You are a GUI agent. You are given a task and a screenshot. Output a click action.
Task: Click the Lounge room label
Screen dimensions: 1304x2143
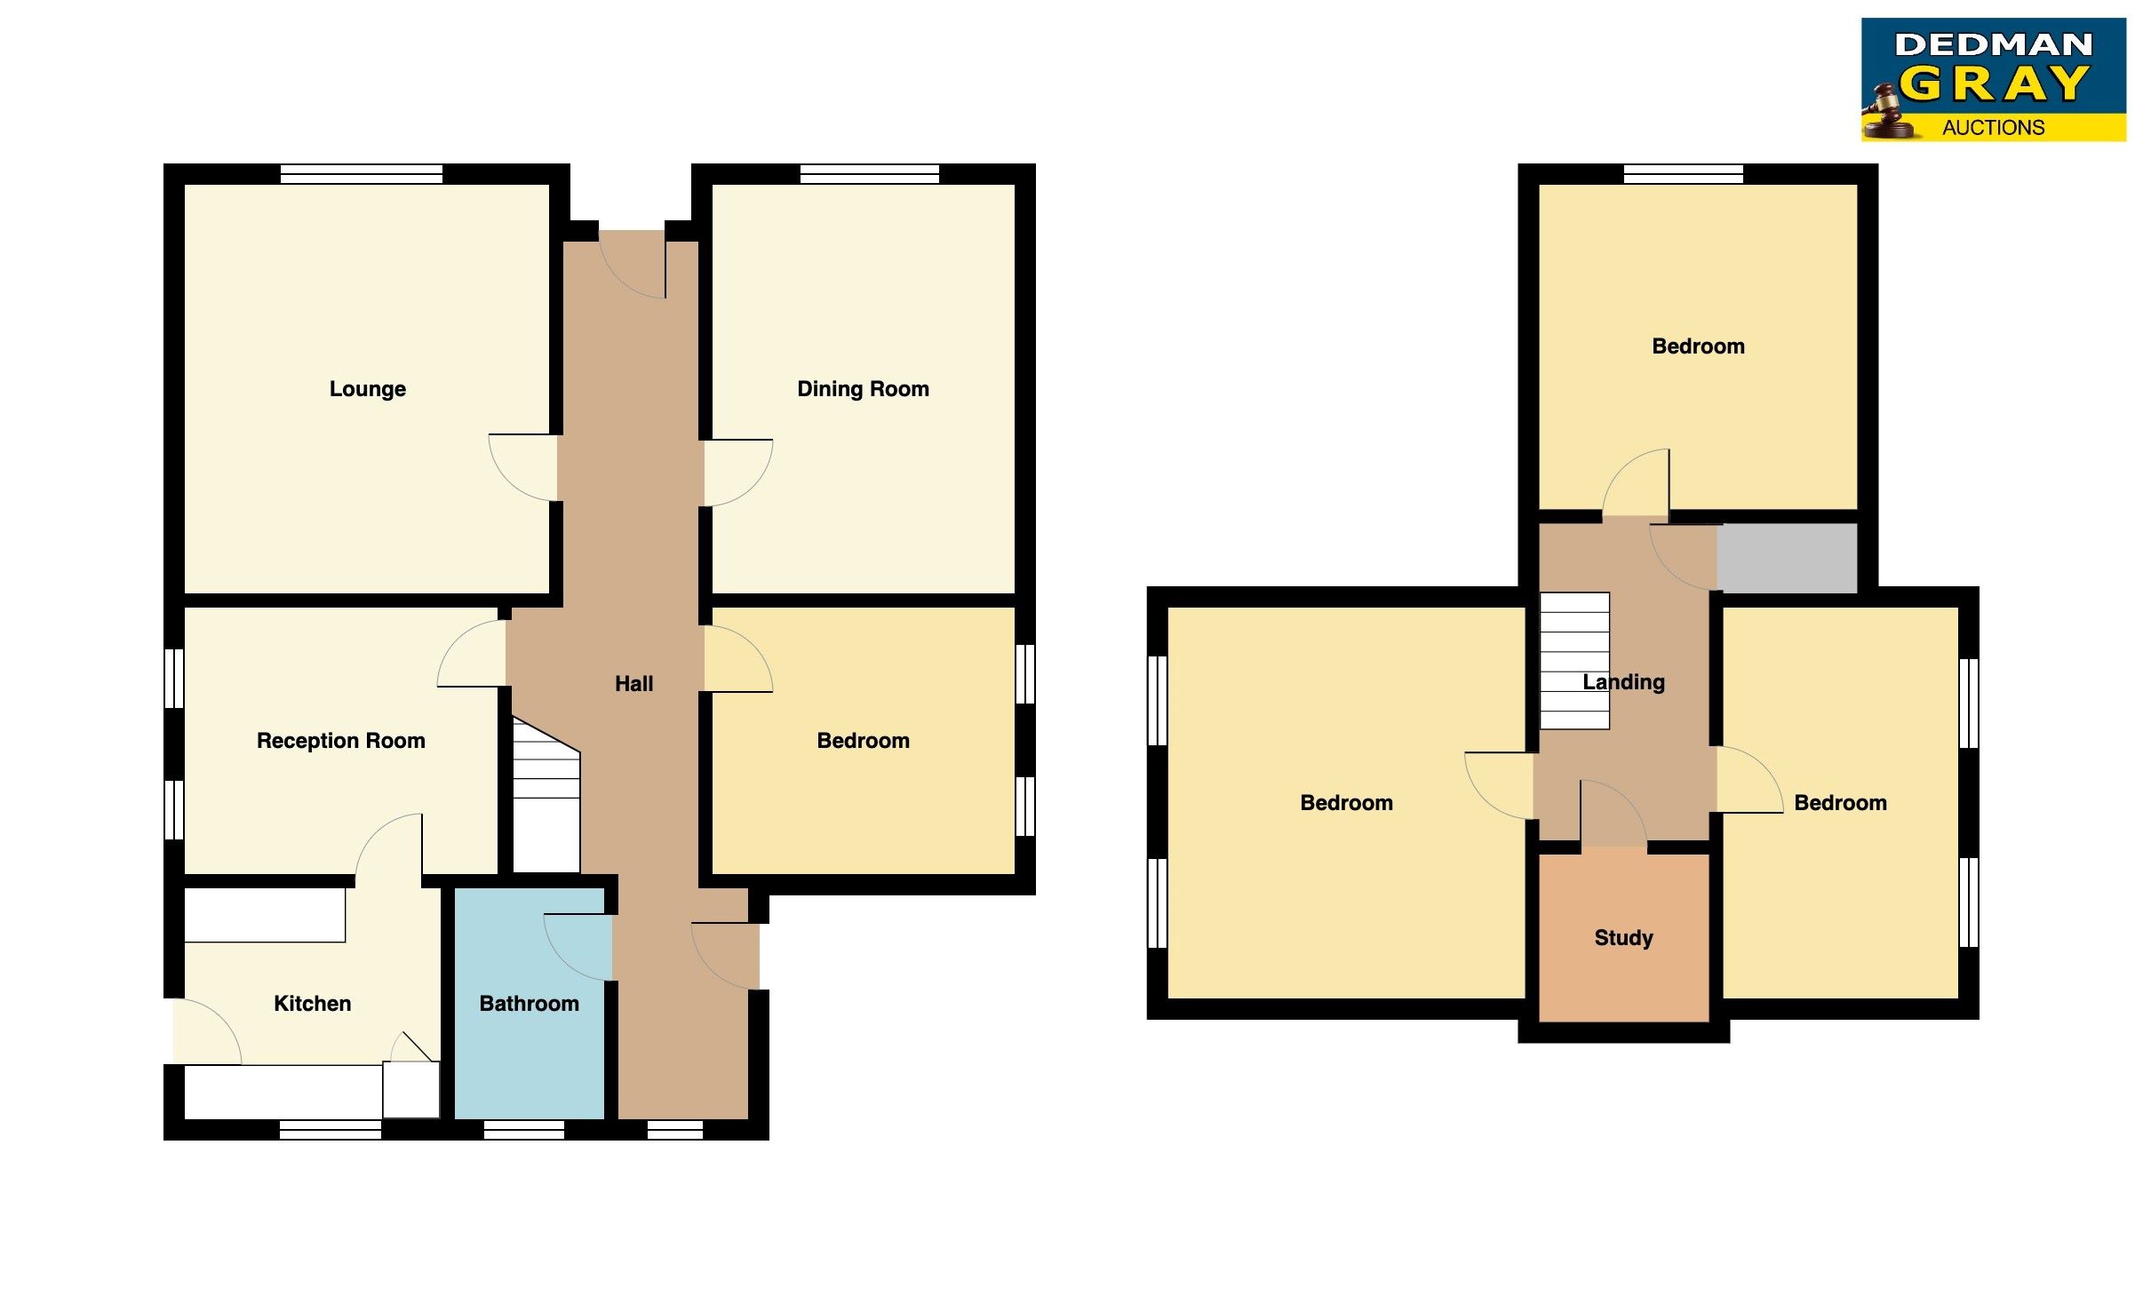(x=367, y=389)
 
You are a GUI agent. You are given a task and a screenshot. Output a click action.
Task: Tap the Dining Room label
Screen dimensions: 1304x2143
(x=863, y=389)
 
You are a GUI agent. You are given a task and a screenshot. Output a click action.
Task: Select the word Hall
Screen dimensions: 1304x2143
(x=633, y=684)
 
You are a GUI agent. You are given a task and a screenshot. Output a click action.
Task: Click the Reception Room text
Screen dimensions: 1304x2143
(x=340, y=741)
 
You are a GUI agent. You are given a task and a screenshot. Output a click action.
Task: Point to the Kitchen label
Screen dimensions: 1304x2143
(x=312, y=1004)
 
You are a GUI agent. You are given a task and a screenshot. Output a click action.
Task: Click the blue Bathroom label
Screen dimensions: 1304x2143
(x=529, y=1004)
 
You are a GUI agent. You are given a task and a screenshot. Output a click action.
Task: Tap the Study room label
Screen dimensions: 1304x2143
(x=1623, y=938)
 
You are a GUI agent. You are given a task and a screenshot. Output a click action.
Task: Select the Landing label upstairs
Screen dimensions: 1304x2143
(x=1623, y=682)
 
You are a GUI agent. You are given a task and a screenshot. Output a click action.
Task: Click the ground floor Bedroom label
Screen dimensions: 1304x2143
(x=863, y=741)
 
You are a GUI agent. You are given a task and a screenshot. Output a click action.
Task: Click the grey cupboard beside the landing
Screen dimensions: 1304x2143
(x=1787, y=559)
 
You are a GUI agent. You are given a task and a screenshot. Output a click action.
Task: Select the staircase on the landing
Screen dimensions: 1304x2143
(x=1573, y=660)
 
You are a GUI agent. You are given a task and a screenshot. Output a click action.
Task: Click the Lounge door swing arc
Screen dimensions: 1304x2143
(x=520, y=471)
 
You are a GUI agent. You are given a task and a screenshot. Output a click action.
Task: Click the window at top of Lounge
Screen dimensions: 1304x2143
(x=361, y=174)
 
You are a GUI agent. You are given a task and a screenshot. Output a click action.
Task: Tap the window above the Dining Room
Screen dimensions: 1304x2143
(x=869, y=174)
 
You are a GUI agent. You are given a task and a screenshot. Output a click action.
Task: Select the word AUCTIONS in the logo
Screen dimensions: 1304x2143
(x=1993, y=128)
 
